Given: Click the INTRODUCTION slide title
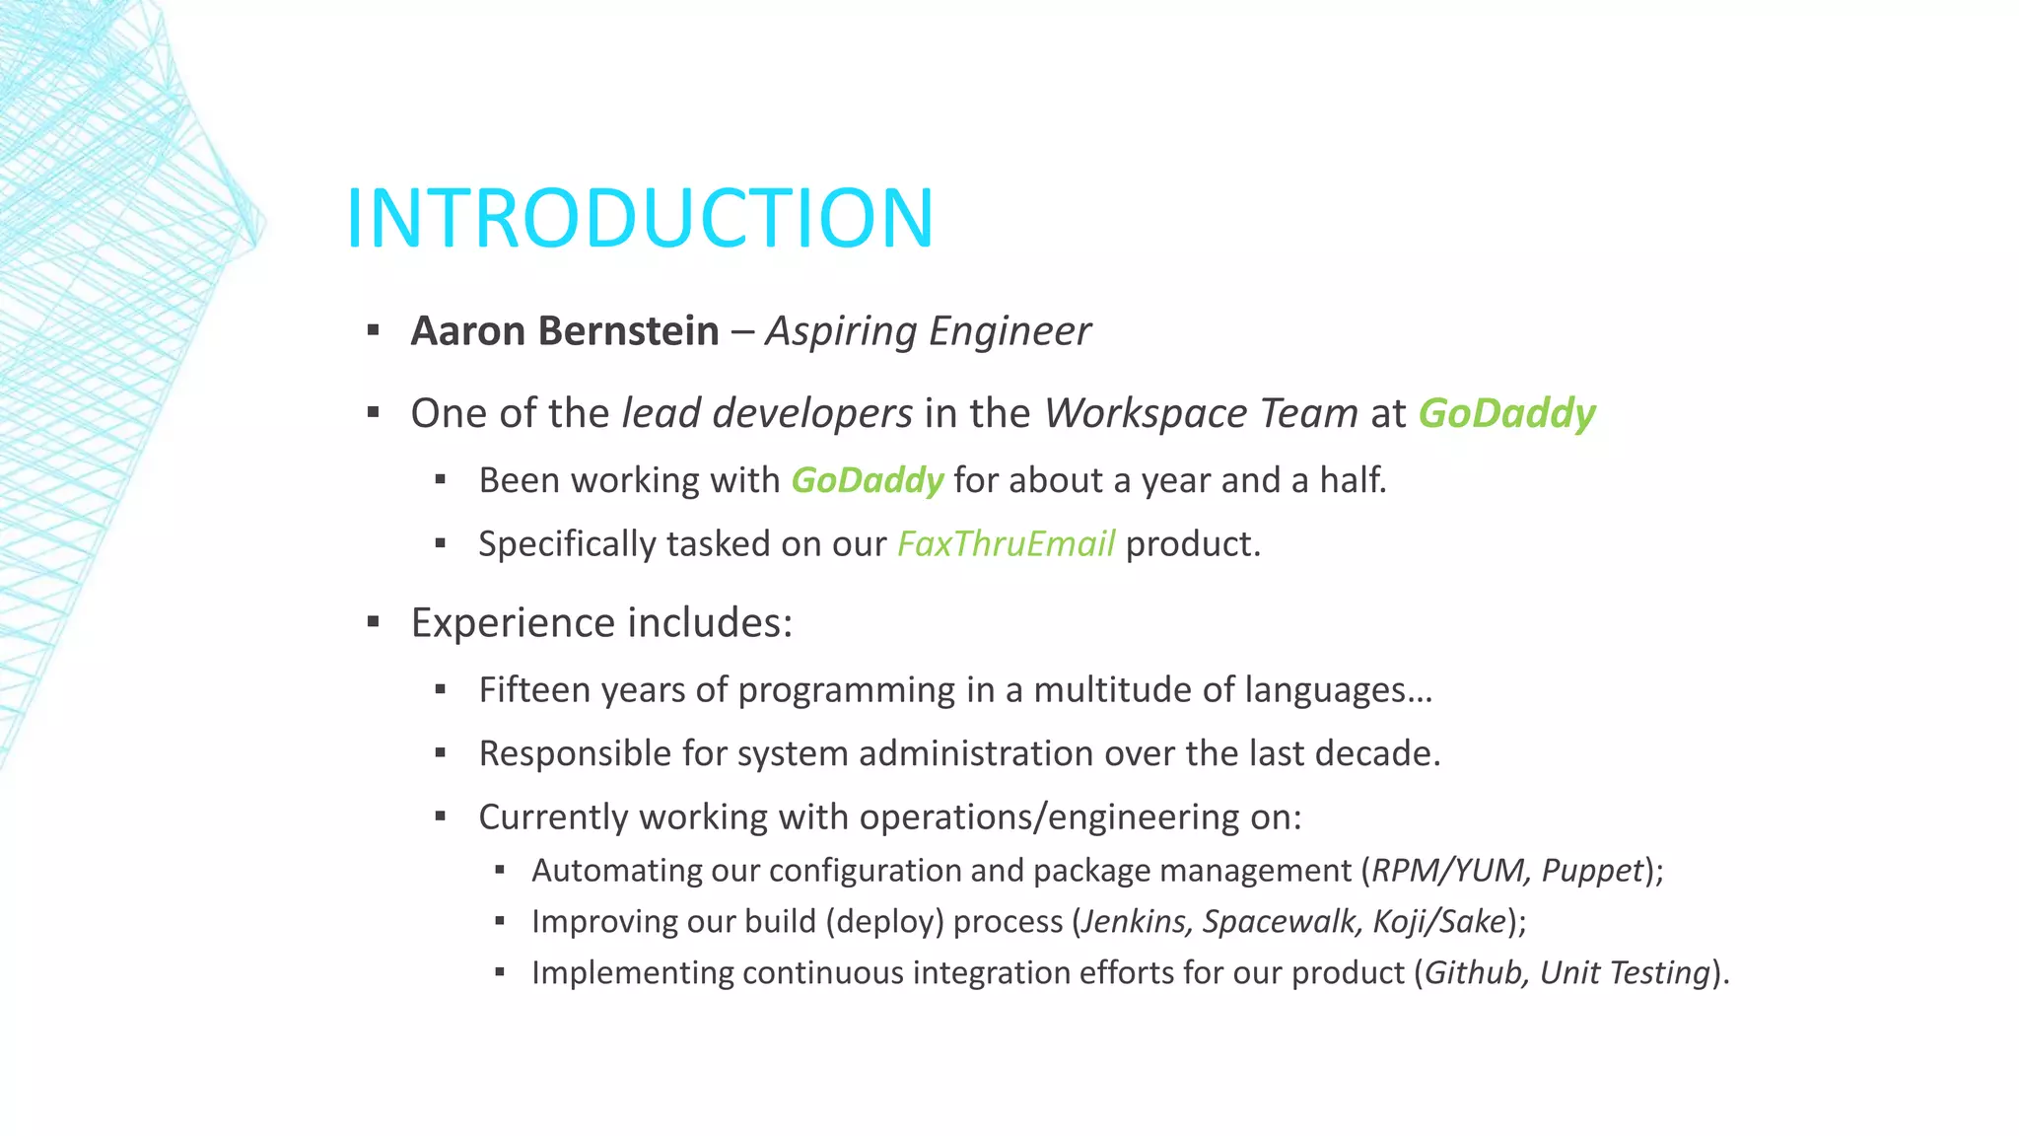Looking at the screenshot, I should tap(639, 218).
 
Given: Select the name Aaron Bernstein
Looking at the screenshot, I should tap(565, 331).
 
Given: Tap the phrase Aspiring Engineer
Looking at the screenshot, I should tap(928, 331).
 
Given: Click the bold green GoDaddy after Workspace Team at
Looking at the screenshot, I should tap(1506, 413).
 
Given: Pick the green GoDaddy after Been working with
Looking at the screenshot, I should tap(868, 480).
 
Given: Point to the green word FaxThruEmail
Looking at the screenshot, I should tap(1006, 544).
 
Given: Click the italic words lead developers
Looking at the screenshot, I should tap(767, 413).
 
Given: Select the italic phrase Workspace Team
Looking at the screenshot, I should tap(1201, 413).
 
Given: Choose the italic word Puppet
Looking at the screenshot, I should tap(1592, 871).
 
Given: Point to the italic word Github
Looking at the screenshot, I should tap(1473, 972).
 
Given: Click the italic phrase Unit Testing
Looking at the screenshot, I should tap(1625, 972).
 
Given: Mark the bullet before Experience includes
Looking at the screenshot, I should tap(373, 622).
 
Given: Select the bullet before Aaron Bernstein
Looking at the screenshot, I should tap(373, 330).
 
